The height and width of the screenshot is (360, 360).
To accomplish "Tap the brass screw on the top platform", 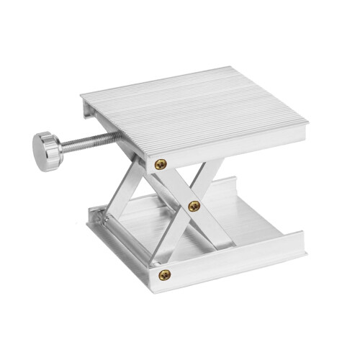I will tap(160, 165).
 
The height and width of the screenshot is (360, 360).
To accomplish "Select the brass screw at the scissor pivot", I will tap(193, 207).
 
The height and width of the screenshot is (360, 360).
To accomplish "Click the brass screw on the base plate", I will tap(165, 274).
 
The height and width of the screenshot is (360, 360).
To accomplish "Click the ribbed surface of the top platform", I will tap(194, 108).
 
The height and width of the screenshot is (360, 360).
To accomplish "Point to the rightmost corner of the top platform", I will tap(308, 125).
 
